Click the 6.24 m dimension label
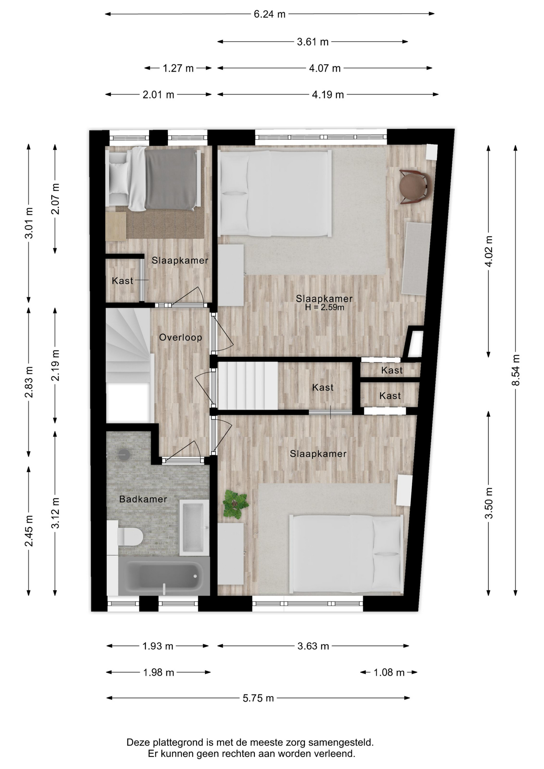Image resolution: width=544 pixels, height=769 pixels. click(270, 14)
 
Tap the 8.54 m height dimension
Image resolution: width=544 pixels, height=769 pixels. click(516, 370)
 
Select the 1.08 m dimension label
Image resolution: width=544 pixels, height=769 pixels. click(389, 672)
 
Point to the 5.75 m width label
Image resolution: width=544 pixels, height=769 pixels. click(258, 698)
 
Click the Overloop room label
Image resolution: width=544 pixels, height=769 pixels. click(181, 337)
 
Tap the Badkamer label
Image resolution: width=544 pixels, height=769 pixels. click(143, 499)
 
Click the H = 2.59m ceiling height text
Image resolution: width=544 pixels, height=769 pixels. click(324, 308)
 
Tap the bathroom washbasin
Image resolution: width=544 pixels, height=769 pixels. click(194, 527)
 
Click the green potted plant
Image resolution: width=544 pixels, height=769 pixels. click(236, 503)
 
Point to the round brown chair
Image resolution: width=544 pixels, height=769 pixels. click(415, 187)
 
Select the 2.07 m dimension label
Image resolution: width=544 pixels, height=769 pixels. click(55, 199)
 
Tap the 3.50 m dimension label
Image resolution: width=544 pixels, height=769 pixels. click(489, 503)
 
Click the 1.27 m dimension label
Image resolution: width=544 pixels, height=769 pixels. click(178, 68)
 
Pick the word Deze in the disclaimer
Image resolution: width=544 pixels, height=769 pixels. click(136, 743)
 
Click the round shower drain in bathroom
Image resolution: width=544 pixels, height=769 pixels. click(124, 454)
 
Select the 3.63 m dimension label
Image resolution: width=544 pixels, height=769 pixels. click(313, 646)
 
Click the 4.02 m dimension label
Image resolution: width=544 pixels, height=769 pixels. click(489, 251)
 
